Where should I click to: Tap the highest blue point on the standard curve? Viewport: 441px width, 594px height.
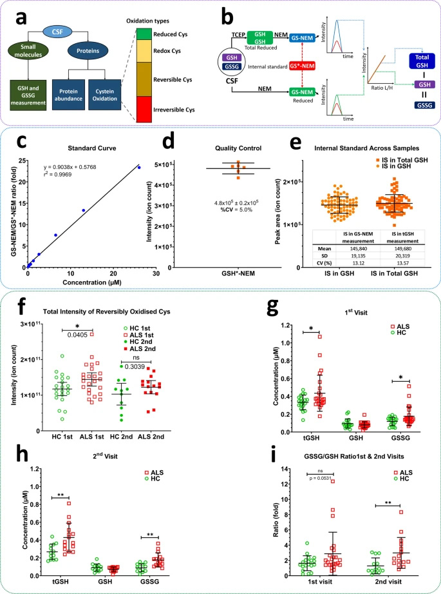coord(138,149)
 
